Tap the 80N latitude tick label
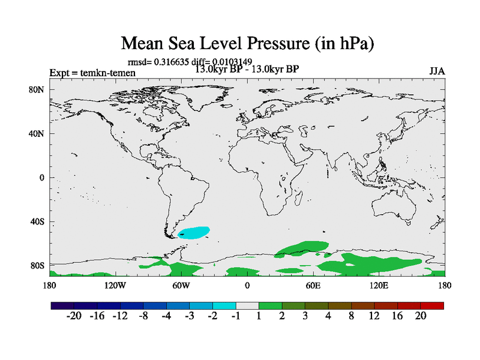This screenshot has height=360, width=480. tap(38, 90)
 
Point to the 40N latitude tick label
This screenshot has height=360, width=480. tap(38, 134)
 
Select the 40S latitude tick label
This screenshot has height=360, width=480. tap(38, 222)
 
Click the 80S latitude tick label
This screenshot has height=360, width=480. tap(38, 266)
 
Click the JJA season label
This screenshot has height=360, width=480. tap(437, 71)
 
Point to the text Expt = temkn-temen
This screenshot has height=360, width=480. tap(92, 73)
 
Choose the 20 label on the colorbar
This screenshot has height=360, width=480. tap(421, 316)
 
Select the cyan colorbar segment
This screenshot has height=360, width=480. tap(224, 305)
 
